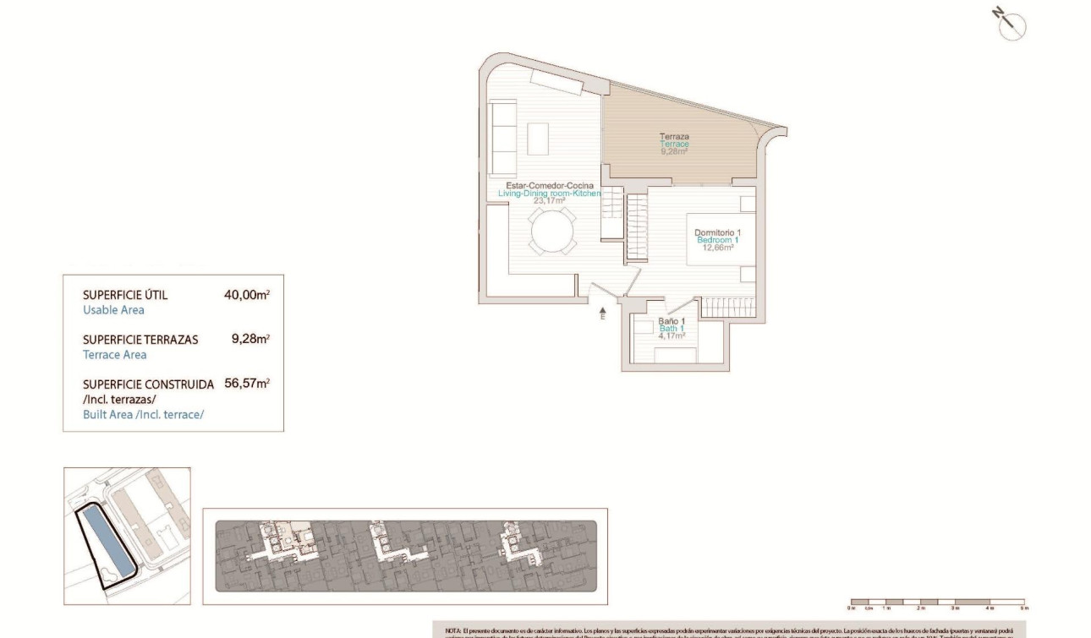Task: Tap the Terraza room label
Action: pos(674,136)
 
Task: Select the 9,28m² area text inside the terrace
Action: pos(674,151)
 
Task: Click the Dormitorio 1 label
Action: pos(717,232)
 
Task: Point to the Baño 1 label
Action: pos(672,321)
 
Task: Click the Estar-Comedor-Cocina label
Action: pos(549,186)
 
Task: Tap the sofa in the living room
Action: pos(504,134)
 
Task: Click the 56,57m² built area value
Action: pos(247,383)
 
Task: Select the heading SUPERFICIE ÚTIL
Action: pos(125,295)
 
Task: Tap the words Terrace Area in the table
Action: pos(114,355)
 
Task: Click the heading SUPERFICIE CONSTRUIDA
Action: pos(148,384)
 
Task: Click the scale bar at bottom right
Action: pos(937,603)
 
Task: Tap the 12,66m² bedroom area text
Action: pos(717,248)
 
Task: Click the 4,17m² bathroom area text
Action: pos(672,335)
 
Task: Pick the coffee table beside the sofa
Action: pos(538,137)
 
